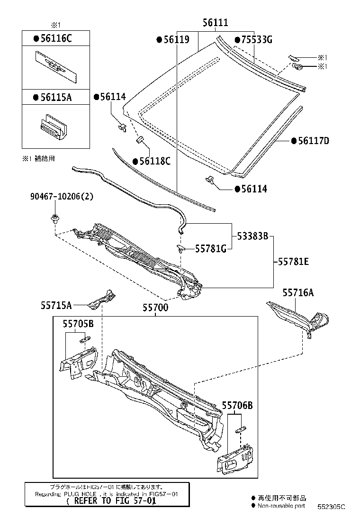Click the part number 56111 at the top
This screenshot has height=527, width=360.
coord(216,22)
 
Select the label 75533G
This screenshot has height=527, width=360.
coord(253,39)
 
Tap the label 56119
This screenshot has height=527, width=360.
coord(176,40)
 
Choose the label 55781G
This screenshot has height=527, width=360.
coord(210,249)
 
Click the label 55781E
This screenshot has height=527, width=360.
coord(293,261)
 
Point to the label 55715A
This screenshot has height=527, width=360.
coord(56,306)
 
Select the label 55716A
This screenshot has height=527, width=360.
coord(298,293)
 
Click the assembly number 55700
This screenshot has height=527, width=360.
coord(155,307)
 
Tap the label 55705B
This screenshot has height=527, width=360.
coord(78,323)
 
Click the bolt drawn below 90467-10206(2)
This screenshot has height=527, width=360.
coord(54,219)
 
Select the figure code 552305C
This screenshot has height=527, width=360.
coord(331,506)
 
